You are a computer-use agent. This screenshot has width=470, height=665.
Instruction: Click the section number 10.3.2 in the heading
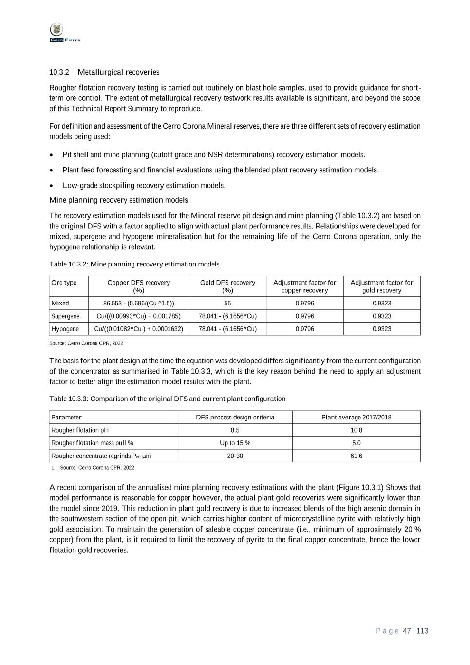click(x=59, y=72)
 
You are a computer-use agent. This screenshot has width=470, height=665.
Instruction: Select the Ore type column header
click(x=64, y=283)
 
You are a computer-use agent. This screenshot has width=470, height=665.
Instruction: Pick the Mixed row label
click(x=60, y=303)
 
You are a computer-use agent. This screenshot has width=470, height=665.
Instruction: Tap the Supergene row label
click(x=65, y=316)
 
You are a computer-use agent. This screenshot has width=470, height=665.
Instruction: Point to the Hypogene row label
click(x=65, y=329)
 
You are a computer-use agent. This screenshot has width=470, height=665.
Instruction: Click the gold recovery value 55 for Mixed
click(x=227, y=303)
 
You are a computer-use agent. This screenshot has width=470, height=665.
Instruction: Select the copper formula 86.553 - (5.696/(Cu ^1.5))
click(x=139, y=303)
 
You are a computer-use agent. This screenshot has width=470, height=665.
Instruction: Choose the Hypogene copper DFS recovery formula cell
click(x=139, y=329)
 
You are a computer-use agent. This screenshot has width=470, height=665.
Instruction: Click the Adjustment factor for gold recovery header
click(x=382, y=286)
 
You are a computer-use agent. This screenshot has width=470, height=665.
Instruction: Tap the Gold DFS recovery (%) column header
click(x=227, y=286)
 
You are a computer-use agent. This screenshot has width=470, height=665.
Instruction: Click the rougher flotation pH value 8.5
click(x=235, y=430)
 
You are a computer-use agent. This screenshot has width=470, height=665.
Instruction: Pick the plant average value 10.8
click(x=357, y=430)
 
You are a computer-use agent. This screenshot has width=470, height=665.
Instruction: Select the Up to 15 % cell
click(x=235, y=443)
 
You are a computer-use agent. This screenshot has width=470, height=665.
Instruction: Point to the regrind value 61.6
click(x=357, y=456)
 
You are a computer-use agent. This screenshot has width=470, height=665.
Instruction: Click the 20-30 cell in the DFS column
click(x=235, y=456)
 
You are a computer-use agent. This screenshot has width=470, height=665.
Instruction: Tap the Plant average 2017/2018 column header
click(x=357, y=417)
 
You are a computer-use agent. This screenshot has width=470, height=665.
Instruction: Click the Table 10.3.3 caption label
click(x=69, y=399)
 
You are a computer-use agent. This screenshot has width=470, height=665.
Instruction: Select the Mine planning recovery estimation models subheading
click(x=118, y=200)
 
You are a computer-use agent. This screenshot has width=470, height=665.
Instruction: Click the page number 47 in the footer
click(x=407, y=631)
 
